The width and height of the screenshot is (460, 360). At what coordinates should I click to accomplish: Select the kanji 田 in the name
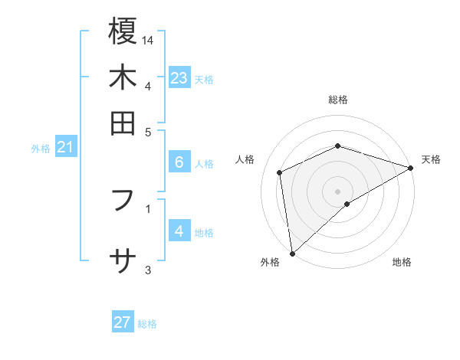tap(123, 123)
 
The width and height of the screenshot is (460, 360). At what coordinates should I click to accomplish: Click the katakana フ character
tap(123, 201)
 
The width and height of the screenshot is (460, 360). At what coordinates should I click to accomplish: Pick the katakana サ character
tap(123, 261)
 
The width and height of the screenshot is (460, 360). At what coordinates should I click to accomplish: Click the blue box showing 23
tap(179, 78)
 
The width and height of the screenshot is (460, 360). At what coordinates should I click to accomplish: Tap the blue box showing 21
tap(64, 147)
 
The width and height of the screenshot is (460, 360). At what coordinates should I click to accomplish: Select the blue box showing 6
tap(179, 162)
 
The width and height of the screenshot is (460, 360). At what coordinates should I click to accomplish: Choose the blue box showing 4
tap(179, 231)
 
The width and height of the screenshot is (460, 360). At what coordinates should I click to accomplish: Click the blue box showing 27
tap(123, 322)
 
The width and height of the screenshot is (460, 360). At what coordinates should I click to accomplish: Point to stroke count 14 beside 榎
tap(148, 40)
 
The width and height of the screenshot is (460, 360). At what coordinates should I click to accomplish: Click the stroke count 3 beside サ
tap(147, 270)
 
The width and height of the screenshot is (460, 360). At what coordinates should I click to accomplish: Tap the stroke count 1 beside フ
tap(147, 208)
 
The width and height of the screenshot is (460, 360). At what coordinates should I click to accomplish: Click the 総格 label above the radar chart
tap(338, 100)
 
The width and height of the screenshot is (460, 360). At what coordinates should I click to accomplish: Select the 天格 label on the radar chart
tap(431, 159)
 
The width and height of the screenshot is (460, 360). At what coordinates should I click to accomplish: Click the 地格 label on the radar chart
tap(402, 262)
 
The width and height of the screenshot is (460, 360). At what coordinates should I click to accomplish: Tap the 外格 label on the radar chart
tap(270, 262)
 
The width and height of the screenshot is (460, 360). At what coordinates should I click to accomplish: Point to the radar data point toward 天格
tap(411, 168)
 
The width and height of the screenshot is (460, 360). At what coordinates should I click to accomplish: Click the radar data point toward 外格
tap(292, 253)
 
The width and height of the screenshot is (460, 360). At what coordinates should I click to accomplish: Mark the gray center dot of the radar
tap(338, 191)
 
